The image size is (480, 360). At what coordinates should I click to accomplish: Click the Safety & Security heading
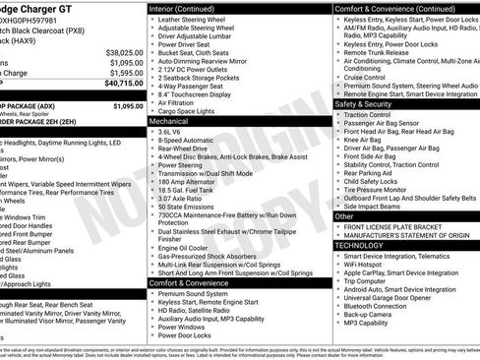point(371,103)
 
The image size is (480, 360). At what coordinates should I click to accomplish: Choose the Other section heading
point(344,214)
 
